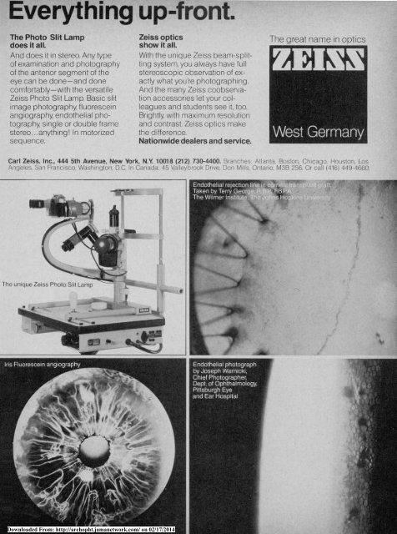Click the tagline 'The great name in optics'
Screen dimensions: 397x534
point(328,39)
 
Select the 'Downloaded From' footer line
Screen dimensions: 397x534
point(98,529)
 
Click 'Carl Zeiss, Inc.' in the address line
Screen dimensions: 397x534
point(33,157)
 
